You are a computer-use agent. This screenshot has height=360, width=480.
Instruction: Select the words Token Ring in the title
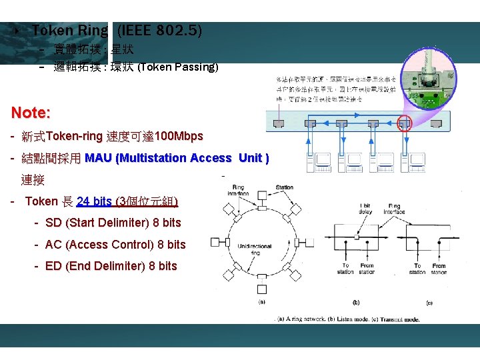(69, 31)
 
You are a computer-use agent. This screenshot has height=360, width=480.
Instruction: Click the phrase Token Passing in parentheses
(177, 67)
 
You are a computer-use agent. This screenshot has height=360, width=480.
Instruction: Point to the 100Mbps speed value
(179, 137)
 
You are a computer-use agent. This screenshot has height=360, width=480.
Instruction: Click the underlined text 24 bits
(94, 201)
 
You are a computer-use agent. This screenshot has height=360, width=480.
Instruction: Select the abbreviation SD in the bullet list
(53, 223)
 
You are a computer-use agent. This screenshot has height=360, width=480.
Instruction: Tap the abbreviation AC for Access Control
(53, 245)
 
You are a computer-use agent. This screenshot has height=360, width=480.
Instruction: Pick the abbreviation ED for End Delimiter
(53, 266)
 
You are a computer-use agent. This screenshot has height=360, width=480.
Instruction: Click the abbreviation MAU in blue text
(99, 158)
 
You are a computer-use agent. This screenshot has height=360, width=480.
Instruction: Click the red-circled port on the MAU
(405, 123)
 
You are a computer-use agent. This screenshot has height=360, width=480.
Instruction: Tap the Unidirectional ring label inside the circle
(254, 249)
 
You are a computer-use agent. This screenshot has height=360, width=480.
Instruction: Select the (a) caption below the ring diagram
(261, 302)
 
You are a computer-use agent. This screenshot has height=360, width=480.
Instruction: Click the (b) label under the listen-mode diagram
(356, 302)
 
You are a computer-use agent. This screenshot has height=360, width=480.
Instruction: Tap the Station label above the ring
(284, 187)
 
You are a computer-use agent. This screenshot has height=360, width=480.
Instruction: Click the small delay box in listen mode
(357, 236)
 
